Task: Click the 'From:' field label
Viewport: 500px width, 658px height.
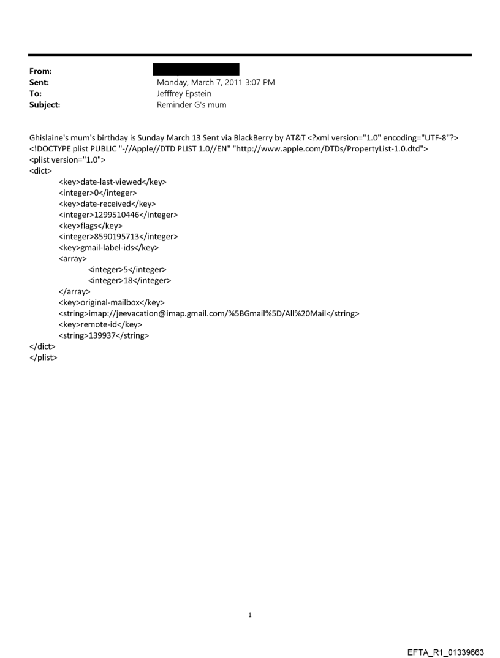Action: click(x=40, y=72)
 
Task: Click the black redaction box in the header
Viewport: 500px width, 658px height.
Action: click(x=196, y=69)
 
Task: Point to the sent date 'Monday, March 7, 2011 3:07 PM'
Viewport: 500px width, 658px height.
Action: click(x=216, y=83)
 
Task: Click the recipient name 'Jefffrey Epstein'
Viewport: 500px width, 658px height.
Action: click(x=187, y=94)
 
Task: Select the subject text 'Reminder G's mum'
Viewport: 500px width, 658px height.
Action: click(x=192, y=105)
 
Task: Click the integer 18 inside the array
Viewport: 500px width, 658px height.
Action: click(x=129, y=281)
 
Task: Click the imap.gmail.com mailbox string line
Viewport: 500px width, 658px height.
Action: click(x=209, y=313)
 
